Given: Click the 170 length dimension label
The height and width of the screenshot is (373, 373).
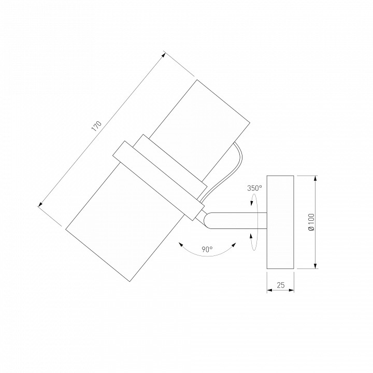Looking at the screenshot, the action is [x=96, y=126].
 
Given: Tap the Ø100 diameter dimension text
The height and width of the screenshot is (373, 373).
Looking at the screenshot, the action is [x=311, y=222].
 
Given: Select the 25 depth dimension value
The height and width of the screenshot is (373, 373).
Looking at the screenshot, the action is [x=281, y=285].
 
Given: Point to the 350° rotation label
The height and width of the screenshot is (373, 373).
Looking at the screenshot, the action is [x=254, y=188].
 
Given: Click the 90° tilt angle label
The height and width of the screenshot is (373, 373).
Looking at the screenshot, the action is [x=207, y=249].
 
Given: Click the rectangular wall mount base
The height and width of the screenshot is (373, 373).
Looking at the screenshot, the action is [x=280, y=222].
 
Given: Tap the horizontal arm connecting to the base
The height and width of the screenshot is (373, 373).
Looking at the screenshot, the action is [x=238, y=221].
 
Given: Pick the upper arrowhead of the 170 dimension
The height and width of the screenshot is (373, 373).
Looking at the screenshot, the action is [x=163, y=55].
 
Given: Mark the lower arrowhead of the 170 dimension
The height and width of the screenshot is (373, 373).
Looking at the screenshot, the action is [x=40, y=204].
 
